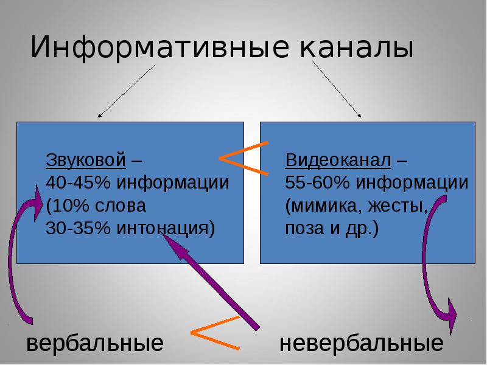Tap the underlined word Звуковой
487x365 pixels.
coord(86,161)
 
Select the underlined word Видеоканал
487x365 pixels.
coord(337,161)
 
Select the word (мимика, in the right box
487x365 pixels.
coord(321,206)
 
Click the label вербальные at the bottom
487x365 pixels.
coord(95,344)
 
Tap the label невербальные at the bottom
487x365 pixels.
coord(361,344)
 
